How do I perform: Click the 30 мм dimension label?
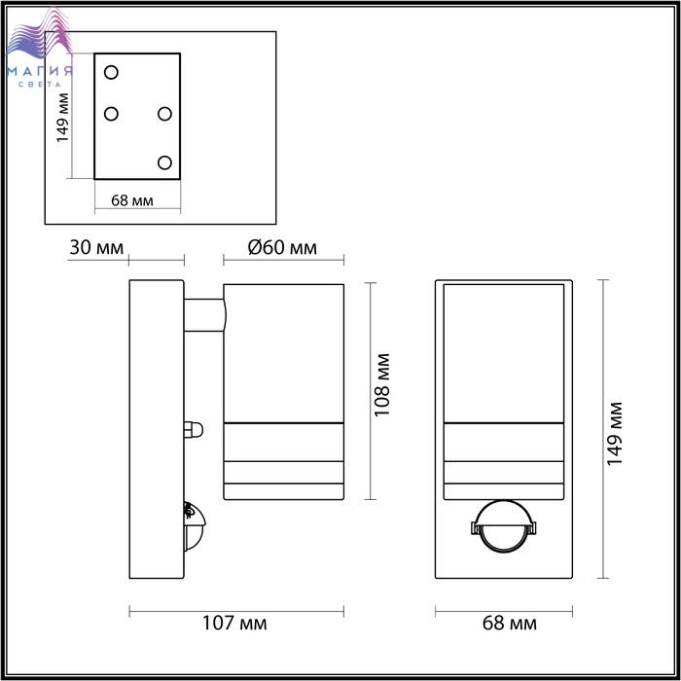pyautogui.click(x=96, y=248)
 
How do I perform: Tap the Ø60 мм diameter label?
pyautogui.click(x=282, y=248)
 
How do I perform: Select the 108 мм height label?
pyautogui.click(x=382, y=385)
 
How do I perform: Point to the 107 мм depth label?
pyautogui.click(x=234, y=624)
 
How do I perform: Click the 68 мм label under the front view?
pyautogui.click(x=510, y=624)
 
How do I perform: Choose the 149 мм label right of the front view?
pyautogui.click(x=615, y=434)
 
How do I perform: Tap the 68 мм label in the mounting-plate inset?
pyautogui.click(x=132, y=200)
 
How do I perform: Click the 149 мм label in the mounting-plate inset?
pyautogui.click(x=63, y=118)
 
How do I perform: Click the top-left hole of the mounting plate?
pyautogui.click(x=111, y=72)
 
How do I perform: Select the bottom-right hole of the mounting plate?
pyautogui.click(x=164, y=162)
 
